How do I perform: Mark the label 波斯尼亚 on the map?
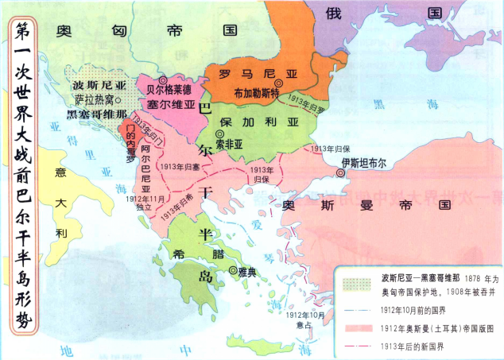[99, 83]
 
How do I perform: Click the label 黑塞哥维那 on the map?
[96, 114]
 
